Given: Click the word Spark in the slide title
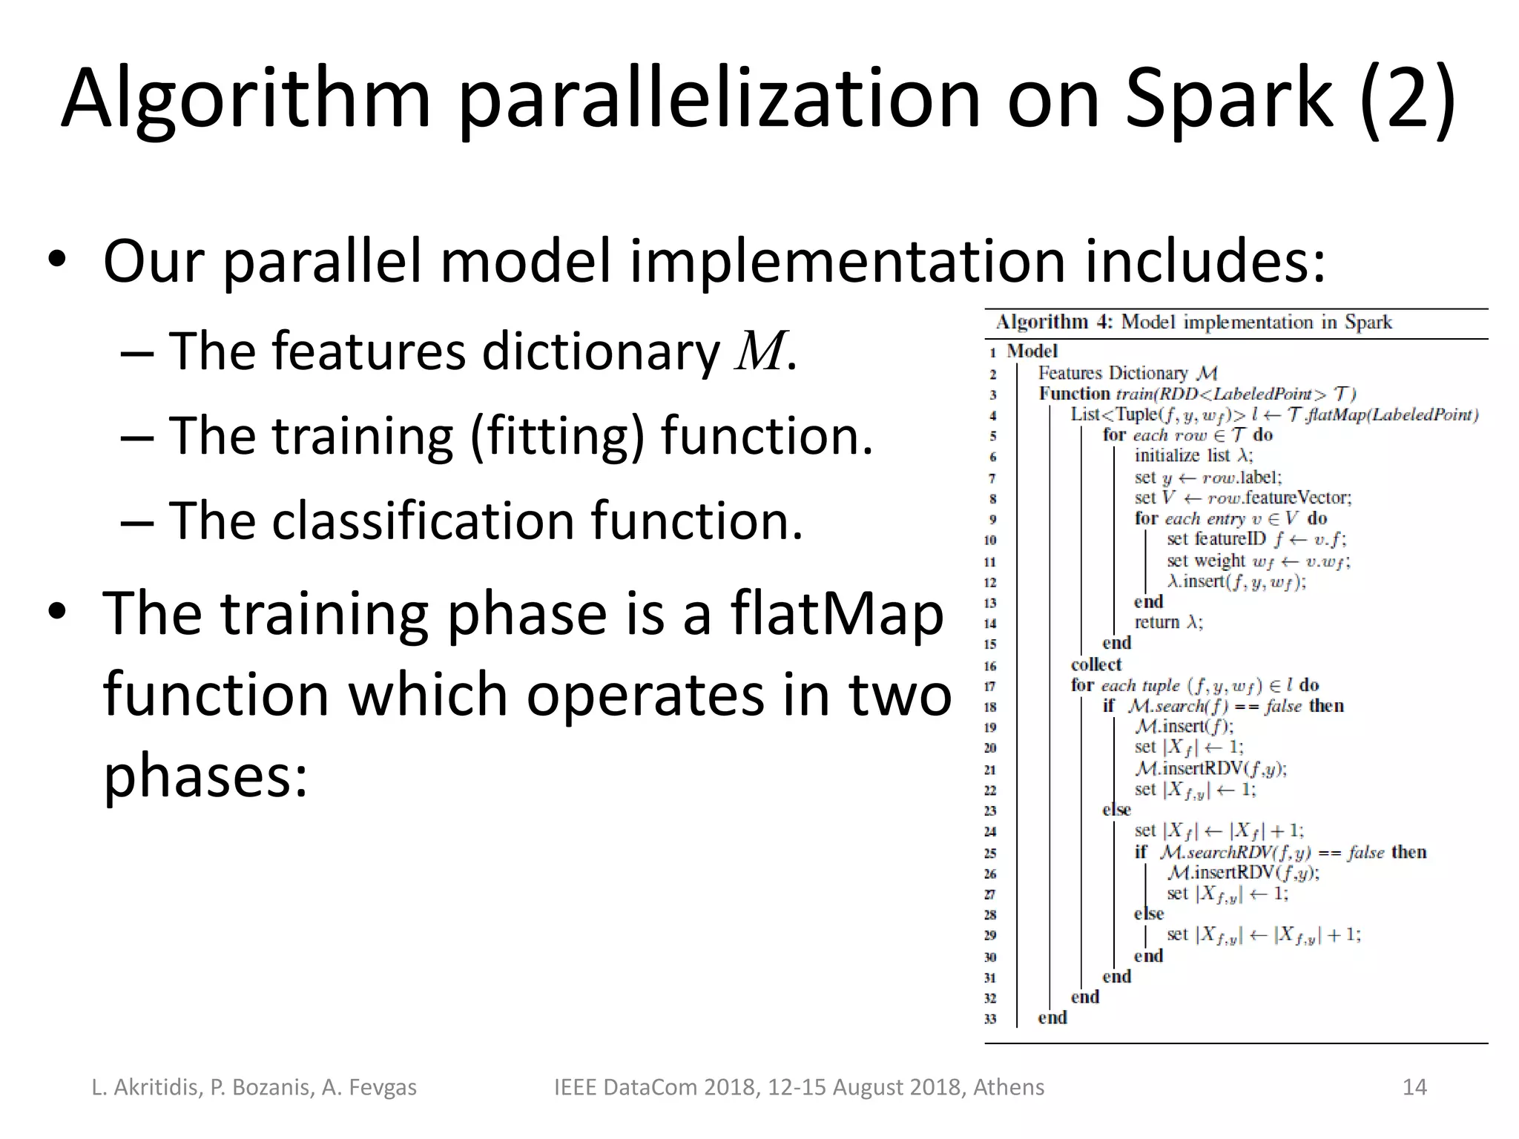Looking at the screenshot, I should pyautogui.click(x=1228, y=99).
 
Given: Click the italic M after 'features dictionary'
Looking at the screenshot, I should pyautogui.click(x=759, y=351).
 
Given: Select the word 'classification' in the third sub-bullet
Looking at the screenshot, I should pyautogui.click(x=423, y=520).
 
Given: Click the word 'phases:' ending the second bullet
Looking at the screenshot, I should pyautogui.click(x=205, y=776).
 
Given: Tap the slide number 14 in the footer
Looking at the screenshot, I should pyautogui.click(x=1414, y=1087).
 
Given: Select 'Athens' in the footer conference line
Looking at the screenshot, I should pyautogui.click(x=1008, y=1087).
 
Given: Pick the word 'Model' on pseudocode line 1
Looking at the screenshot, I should pyautogui.click(x=1032, y=351).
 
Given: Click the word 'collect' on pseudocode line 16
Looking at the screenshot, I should pyautogui.click(x=1095, y=664).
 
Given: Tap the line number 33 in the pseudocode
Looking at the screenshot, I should pyautogui.click(x=990, y=1019).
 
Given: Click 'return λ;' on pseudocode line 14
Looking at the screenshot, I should pyautogui.click(x=1168, y=622).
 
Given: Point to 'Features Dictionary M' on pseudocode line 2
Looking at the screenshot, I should pyautogui.click(x=1127, y=373).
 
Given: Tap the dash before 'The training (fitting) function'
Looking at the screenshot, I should pyautogui.click(x=136, y=437).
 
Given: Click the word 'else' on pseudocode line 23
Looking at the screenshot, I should pyautogui.click(x=1116, y=810).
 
